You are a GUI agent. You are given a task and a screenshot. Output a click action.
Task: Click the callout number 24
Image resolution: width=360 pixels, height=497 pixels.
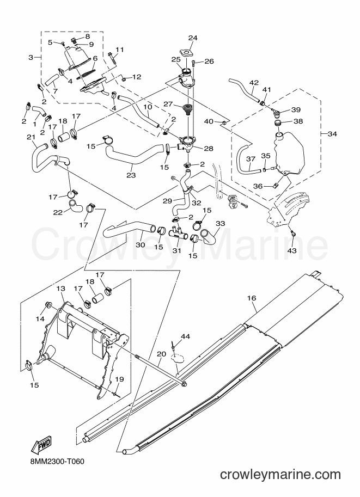(x=193, y=38)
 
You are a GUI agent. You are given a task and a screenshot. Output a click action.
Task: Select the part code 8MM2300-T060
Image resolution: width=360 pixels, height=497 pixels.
(x=57, y=462)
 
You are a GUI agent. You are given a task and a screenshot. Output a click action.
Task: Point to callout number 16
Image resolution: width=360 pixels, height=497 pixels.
(x=252, y=298)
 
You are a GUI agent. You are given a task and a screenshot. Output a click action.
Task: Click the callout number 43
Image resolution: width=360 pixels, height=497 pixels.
(x=292, y=251)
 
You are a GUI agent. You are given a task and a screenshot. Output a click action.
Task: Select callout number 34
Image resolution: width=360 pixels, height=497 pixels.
(x=332, y=134)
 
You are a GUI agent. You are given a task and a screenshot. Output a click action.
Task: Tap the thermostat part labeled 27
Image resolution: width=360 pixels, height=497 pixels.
(x=187, y=108)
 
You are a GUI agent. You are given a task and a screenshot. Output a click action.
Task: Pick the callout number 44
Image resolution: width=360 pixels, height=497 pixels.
(x=185, y=336)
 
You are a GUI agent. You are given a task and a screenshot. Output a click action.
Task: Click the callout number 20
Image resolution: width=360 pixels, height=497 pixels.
(x=161, y=354)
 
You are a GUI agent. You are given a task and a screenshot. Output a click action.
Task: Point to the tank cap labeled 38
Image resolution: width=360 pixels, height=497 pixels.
(x=278, y=124)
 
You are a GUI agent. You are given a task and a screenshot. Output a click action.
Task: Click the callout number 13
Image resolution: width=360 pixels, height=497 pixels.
(x=60, y=289)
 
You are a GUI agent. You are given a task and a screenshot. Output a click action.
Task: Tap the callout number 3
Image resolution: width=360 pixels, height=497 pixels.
(x=30, y=57)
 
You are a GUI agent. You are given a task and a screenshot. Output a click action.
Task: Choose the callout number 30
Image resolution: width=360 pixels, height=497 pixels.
(x=141, y=245)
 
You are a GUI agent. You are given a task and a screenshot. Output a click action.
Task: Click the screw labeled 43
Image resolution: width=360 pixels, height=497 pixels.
(x=293, y=234)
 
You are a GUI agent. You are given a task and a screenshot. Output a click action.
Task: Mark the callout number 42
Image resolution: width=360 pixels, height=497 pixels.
(x=254, y=83)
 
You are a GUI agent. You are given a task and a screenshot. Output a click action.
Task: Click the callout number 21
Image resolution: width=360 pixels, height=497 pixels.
(x=30, y=137)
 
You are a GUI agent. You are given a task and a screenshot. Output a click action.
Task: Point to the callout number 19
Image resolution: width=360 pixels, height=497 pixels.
(x=119, y=379)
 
